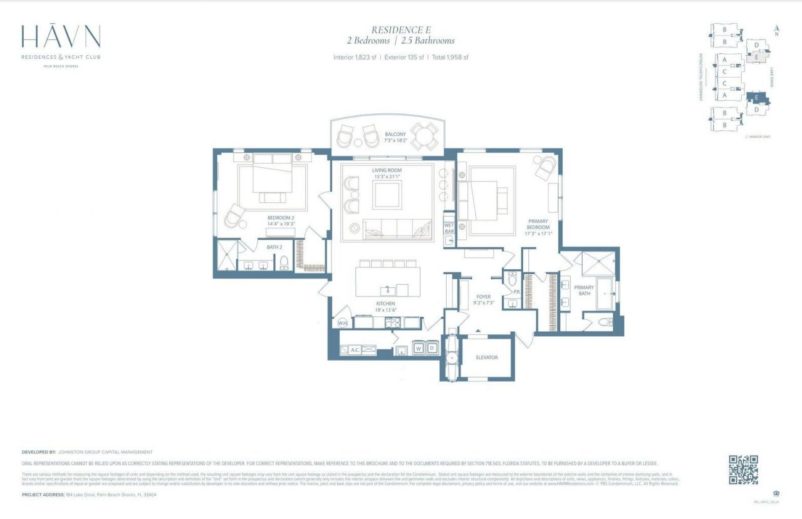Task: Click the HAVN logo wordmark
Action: click(61, 38)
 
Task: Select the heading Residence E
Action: click(401, 29)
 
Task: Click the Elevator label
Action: click(487, 357)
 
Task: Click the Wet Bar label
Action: click(449, 228)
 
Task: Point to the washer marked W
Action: click(418, 348)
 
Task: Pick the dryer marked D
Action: click(431, 348)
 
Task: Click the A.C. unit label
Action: click(354, 350)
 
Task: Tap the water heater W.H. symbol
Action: click(342, 323)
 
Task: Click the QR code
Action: click(743, 470)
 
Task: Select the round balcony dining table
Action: click(424, 136)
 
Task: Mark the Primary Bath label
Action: click(585, 290)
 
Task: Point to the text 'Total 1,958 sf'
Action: click(449, 58)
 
